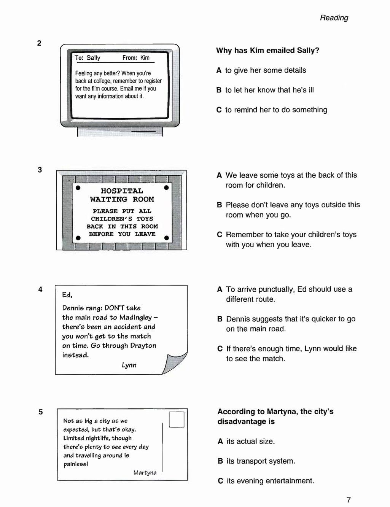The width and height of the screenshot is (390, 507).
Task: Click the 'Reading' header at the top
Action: [x=334, y=18]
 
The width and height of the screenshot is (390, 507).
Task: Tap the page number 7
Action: [x=349, y=500]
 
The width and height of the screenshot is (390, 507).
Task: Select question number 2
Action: [x=39, y=43]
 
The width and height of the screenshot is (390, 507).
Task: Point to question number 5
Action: [x=40, y=412]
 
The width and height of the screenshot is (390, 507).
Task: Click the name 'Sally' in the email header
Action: [x=93, y=58]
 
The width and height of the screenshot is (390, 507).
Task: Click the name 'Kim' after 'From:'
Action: [x=145, y=58]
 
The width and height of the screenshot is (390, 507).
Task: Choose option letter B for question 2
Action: [x=219, y=90]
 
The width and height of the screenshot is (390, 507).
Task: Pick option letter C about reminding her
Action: [x=219, y=110]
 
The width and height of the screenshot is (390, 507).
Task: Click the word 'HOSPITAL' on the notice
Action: [x=122, y=191]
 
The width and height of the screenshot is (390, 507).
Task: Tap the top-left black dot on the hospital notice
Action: [x=78, y=188]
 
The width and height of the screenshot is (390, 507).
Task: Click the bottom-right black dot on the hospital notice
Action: [x=166, y=238]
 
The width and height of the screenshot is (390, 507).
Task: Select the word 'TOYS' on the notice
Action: [x=145, y=219]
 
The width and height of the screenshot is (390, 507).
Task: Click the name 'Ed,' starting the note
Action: [x=67, y=295]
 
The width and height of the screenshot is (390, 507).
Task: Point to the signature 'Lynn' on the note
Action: [x=129, y=365]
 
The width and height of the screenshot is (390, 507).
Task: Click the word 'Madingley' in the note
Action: [x=135, y=318]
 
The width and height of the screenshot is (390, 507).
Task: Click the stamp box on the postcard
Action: [x=177, y=420]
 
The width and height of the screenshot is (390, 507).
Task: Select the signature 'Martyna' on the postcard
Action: [x=145, y=473]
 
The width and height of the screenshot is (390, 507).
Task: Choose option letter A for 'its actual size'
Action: [x=220, y=442]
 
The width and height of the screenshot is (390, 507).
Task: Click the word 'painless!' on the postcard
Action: [x=76, y=464]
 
